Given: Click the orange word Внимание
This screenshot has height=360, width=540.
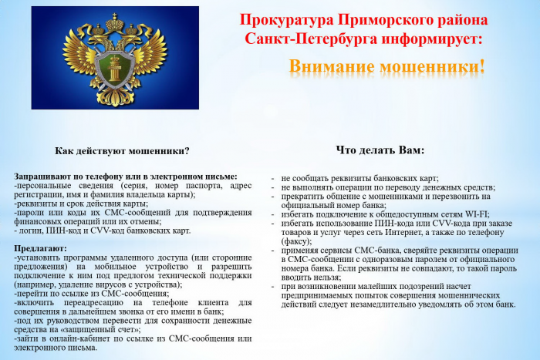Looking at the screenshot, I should pyautogui.click(x=335, y=66).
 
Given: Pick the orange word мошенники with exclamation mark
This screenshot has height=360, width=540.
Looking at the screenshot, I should pyautogui.click(x=435, y=66).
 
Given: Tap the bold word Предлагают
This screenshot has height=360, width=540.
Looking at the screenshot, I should pyautogui.click(x=41, y=248).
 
